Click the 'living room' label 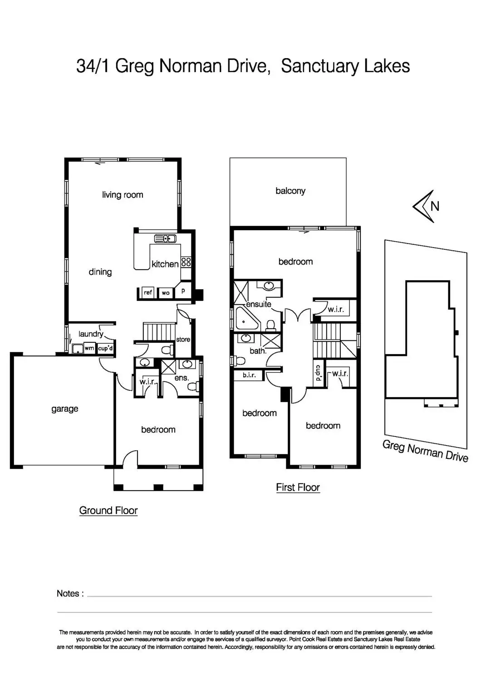(x=123, y=195)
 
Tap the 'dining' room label (x=100, y=272)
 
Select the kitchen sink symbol (x=165, y=238)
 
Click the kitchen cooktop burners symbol (x=186, y=262)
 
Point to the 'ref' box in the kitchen (x=148, y=292)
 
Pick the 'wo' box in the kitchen (x=166, y=293)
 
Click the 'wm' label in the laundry (x=89, y=349)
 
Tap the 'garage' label (x=64, y=409)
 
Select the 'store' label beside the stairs (x=183, y=340)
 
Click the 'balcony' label (x=290, y=191)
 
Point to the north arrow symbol (x=425, y=206)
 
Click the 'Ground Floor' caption (x=108, y=510)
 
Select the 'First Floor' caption (x=298, y=487)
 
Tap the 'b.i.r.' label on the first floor (x=249, y=375)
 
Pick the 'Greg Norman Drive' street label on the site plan (x=425, y=451)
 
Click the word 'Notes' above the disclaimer (x=68, y=593)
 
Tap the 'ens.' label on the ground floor (x=182, y=378)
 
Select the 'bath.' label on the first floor (x=258, y=350)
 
